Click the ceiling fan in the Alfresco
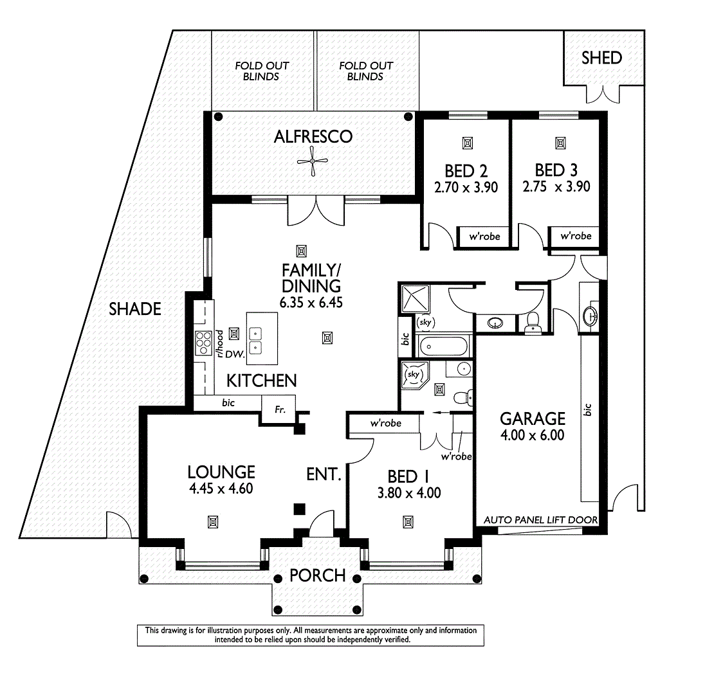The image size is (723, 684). tap(313, 161)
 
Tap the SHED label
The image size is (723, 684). tap(601, 58)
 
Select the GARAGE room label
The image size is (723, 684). tap(533, 419)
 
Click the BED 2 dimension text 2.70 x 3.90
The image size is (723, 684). tap(466, 187)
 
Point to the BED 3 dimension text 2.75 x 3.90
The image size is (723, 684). tap(556, 187)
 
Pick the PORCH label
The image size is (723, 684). tap(317, 575)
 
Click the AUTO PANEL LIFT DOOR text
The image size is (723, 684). tap(540, 519)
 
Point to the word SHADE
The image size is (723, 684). tap(134, 309)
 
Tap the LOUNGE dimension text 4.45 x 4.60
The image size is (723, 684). tap(221, 488)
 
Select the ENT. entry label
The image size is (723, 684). tap(323, 475)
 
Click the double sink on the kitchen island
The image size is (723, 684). tap(256, 340)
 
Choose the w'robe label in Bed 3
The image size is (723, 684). tap(576, 236)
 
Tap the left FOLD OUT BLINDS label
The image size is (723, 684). tap(261, 71)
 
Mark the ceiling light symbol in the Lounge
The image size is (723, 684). tap(212, 521)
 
